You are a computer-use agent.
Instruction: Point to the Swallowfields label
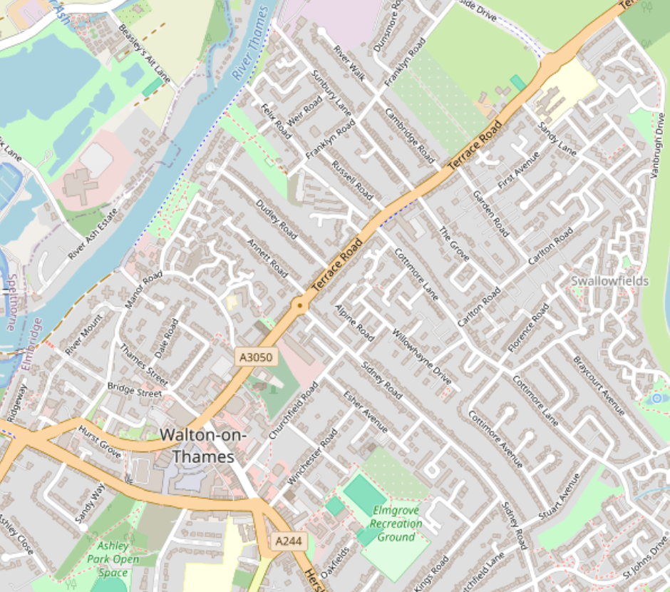[610, 281]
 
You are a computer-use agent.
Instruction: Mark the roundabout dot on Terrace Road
[300, 307]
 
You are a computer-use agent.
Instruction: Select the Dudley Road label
[276, 219]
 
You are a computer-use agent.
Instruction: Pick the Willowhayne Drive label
[421, 357]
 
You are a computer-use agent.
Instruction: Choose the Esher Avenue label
[366, 412]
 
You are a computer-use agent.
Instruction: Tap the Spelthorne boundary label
[11, 304]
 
